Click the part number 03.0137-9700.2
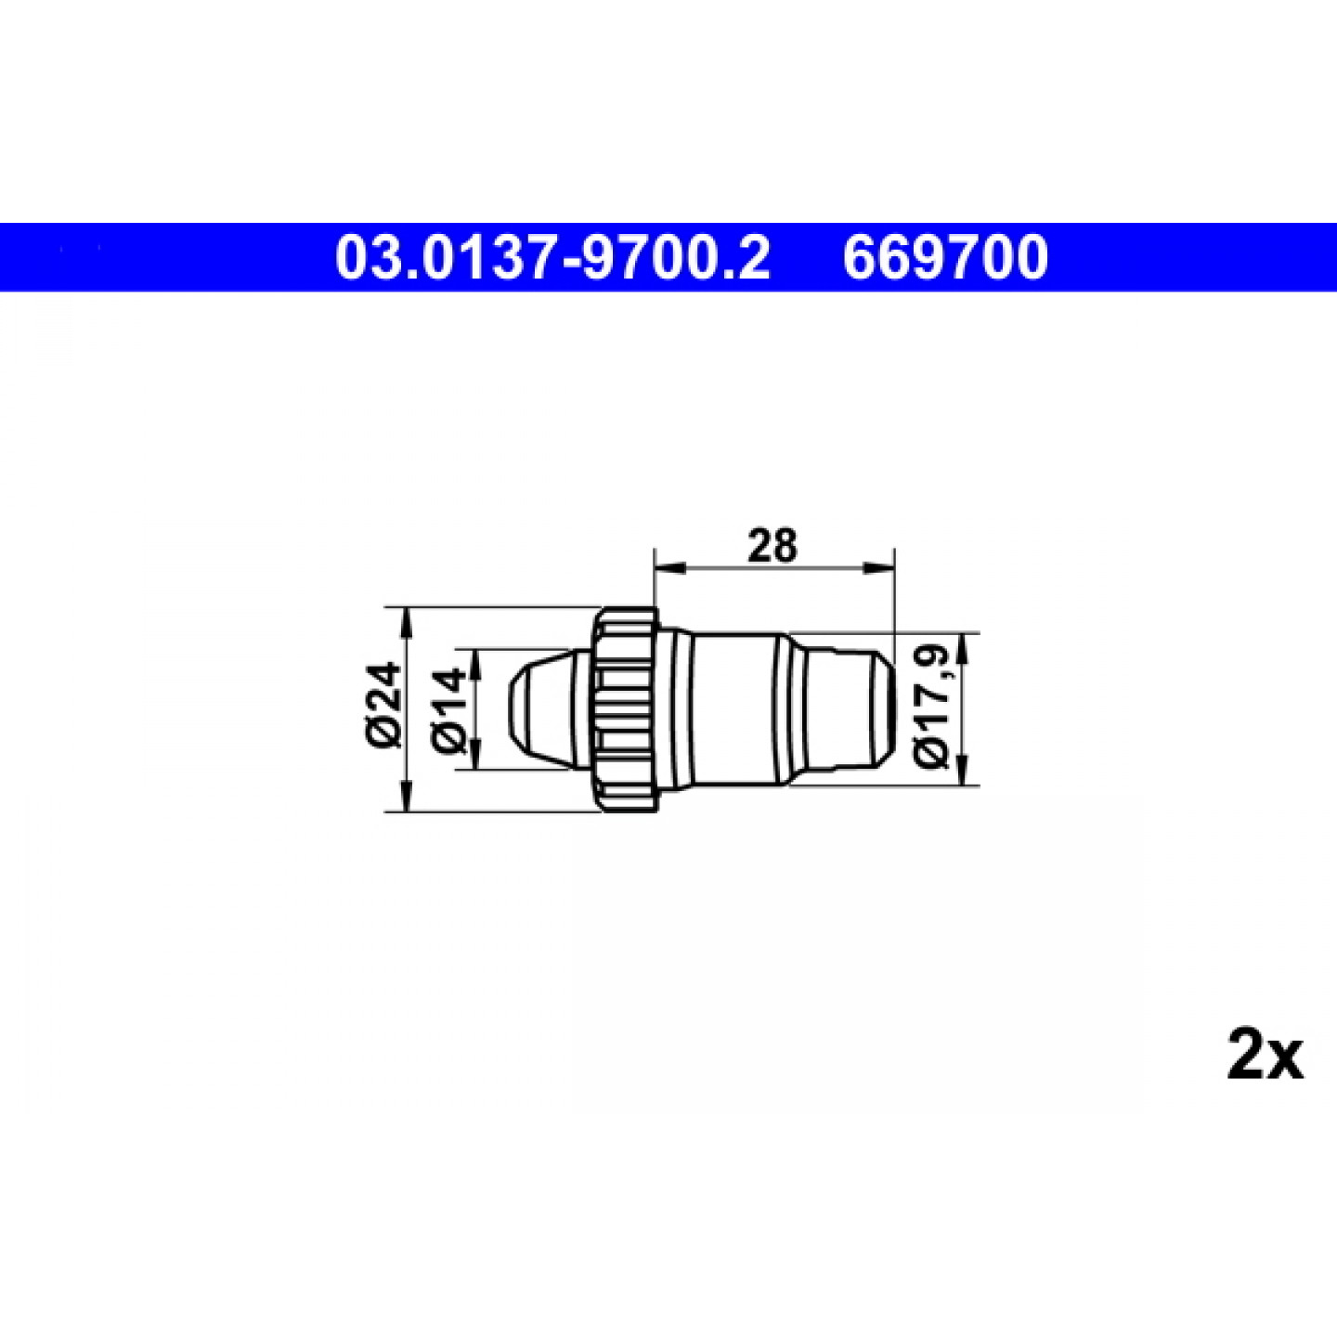(552, 258)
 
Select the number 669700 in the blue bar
(944, 258)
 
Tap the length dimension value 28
(772, 546)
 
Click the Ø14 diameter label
(449, 710)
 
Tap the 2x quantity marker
(1264, 1055)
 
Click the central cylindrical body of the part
(738, 708)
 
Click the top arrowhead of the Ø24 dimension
(405, 621)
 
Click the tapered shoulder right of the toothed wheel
(678, 710)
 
